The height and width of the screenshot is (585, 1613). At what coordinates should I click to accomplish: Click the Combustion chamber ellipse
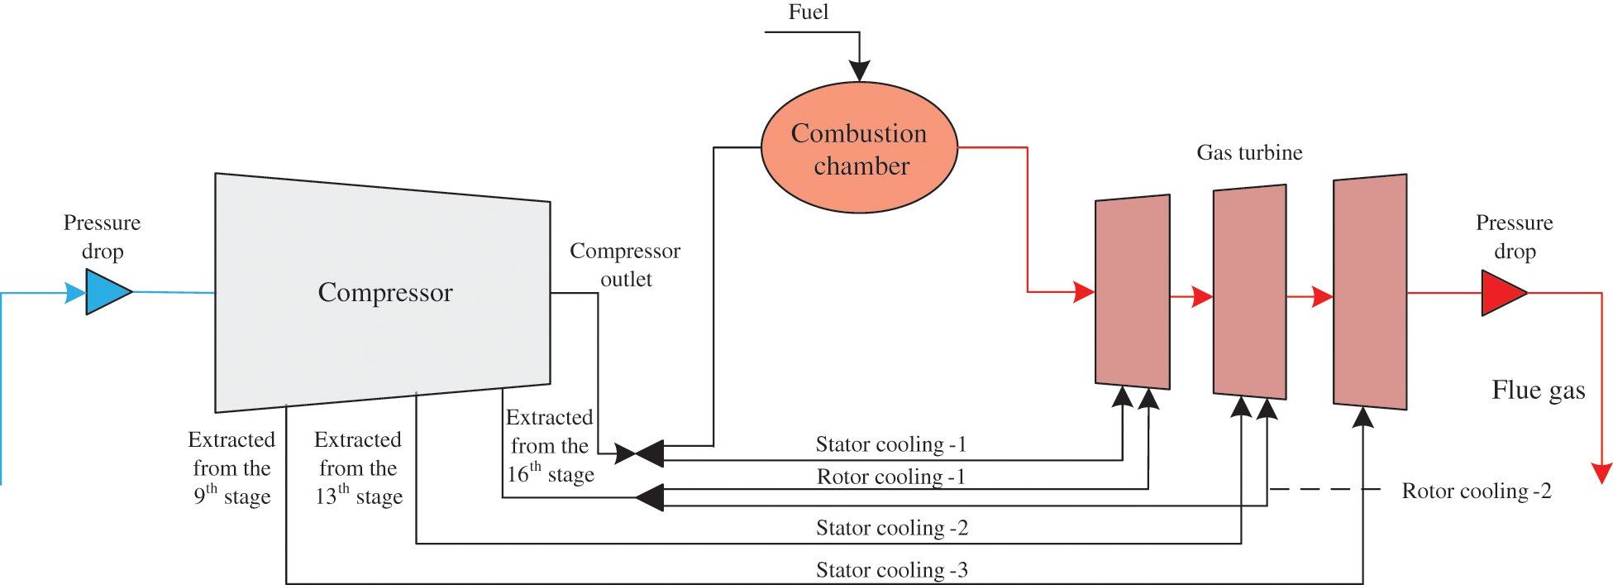coord(859,148)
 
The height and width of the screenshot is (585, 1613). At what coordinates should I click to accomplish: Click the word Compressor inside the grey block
coord(385,293)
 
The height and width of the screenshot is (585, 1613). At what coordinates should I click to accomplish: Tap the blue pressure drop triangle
coord(107,292)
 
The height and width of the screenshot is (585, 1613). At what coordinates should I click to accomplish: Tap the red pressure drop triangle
coord(1502,293)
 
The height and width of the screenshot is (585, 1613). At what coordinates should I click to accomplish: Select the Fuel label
coord(808,12)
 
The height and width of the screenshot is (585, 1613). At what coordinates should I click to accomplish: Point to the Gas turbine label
coord(1249,153)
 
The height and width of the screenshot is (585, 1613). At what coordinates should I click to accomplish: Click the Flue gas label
coord(1538,391)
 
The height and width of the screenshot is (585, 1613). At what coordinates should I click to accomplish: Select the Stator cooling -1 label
coord(890,445)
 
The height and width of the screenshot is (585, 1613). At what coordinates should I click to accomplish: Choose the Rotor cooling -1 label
coord(890,477)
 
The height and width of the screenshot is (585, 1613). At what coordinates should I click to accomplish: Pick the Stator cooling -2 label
coord(891,529)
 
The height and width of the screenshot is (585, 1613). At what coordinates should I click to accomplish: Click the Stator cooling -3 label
coord(891,571)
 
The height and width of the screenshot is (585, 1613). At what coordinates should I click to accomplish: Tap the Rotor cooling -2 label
coord(1476,491)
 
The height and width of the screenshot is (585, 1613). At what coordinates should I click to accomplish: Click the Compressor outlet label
coord(625,265)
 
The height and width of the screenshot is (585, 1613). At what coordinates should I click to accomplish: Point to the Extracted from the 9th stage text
coord(231,468)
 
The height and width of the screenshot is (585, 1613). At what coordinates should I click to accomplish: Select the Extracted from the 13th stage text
coord(358,468)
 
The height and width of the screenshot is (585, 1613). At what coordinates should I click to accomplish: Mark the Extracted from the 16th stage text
coord(550,446)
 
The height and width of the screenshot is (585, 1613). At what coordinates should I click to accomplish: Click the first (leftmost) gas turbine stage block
coord(1132,292)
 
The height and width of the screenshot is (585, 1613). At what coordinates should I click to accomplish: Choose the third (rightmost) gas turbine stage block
coord(1370,292)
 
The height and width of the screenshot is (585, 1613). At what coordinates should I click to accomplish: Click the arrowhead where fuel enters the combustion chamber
coord(859,71)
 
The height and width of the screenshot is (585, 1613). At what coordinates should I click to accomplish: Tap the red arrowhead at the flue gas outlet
coord(1601,473)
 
